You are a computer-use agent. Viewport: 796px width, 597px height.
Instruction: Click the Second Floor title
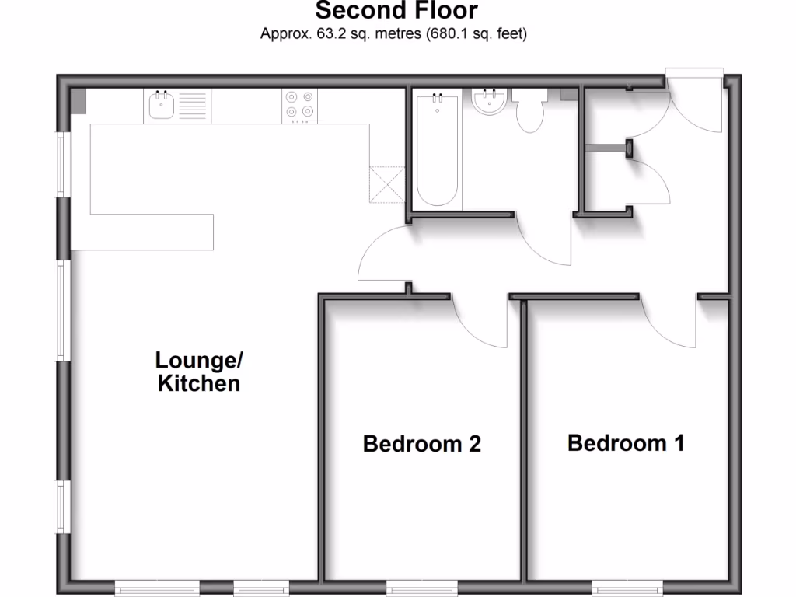tap(396, 12)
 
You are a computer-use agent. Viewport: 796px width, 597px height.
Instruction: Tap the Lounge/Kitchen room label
tap(199, 372)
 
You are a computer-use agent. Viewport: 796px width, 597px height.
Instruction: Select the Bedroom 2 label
tap(422, 444)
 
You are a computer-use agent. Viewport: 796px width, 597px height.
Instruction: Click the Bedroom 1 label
tap(626, 443)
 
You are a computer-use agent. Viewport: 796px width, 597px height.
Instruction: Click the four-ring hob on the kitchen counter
tap(300, 106)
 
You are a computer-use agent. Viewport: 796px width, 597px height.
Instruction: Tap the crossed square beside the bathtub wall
tap(387, 185)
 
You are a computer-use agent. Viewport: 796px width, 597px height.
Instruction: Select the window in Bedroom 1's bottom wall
tap(627, 587)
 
